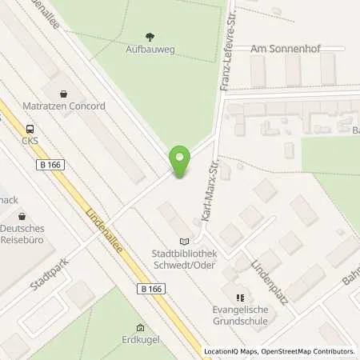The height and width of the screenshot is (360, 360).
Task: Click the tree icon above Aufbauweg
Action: pos(150,36)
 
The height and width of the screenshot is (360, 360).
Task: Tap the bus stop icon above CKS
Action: pos(30,129)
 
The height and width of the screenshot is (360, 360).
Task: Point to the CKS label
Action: pos(30,142)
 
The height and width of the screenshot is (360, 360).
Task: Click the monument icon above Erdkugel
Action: pos(141,328)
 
